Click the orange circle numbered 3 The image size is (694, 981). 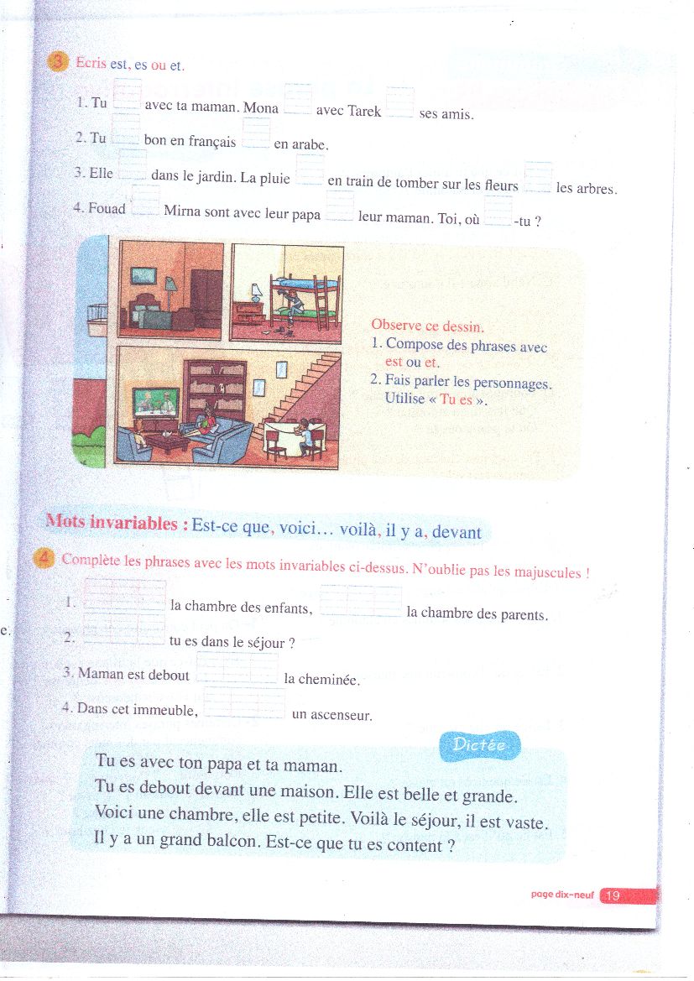pos(58,63)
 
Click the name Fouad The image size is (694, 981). pos(107,208)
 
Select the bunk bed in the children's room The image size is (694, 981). pos(305,303)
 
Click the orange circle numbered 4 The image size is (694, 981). pos(46,560)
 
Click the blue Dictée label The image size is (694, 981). pos(479,744)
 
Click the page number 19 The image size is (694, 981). pos(613,895)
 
